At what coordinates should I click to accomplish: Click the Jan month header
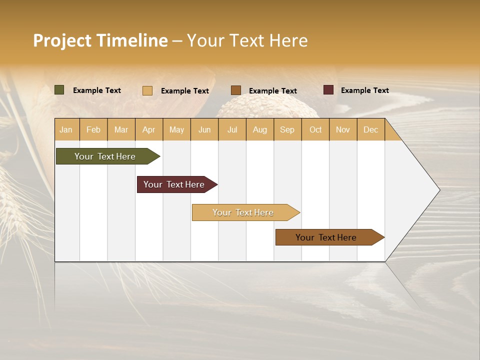click(x=66, y=129)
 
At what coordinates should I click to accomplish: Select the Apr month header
click(x=149, y=129)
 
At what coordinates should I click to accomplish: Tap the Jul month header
click(x=232, y=129)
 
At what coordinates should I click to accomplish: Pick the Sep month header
click(x=287, y=129)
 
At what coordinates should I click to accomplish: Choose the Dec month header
click(x=370, y=129)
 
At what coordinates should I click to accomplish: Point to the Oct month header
click(x=315, y=129)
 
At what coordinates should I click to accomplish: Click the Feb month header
click(x=93, y=129)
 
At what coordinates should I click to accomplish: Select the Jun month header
click(x=204, y=129)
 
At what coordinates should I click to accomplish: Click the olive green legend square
click(x=59, y=90)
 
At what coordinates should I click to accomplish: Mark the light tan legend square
click(x=147, y=90)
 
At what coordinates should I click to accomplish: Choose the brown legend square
click(x=236, y=90)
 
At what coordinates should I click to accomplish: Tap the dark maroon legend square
click(x=328, y=90)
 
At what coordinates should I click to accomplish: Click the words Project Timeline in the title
click(x=100, y=40)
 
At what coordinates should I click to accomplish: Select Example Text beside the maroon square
click(x=364, y=90)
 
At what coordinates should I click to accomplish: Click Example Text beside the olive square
click(x=97, y=90)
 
